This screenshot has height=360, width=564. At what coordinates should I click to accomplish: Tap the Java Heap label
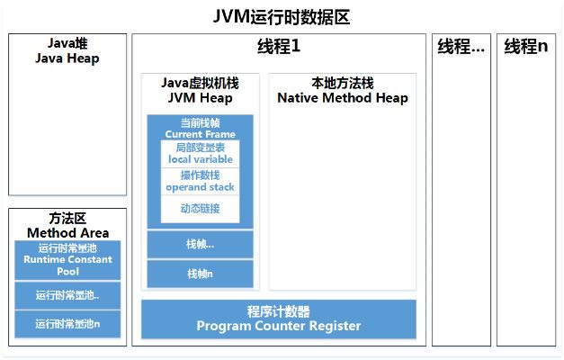pos(67,58)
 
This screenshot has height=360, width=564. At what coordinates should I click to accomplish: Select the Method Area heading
pos(67,233)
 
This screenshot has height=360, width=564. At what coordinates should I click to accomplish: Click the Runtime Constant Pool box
pos(67,259)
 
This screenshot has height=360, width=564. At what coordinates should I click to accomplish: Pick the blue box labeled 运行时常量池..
pos(67,294)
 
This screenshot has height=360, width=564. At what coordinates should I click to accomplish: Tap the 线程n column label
pos(525,47)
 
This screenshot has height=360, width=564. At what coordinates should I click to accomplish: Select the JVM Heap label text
pos(200,98)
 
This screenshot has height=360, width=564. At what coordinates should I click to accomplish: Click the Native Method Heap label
pos(342,98)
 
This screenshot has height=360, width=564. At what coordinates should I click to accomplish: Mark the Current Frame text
pos(200,134)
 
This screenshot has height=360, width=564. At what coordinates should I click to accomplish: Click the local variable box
pos(200,154)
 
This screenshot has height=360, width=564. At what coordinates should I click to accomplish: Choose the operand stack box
pos(200,182)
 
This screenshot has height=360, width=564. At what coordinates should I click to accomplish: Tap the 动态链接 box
pos(200,210)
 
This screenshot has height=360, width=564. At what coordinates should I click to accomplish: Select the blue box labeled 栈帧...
pos(200,244)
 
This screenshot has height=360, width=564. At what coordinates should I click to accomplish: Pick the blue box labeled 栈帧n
pos(200,274)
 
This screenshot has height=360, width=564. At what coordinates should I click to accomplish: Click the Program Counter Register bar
pos(279,326)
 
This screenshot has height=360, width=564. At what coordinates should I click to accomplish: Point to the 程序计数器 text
pos(279,311)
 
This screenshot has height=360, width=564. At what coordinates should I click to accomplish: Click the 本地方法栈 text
pos(342,84)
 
